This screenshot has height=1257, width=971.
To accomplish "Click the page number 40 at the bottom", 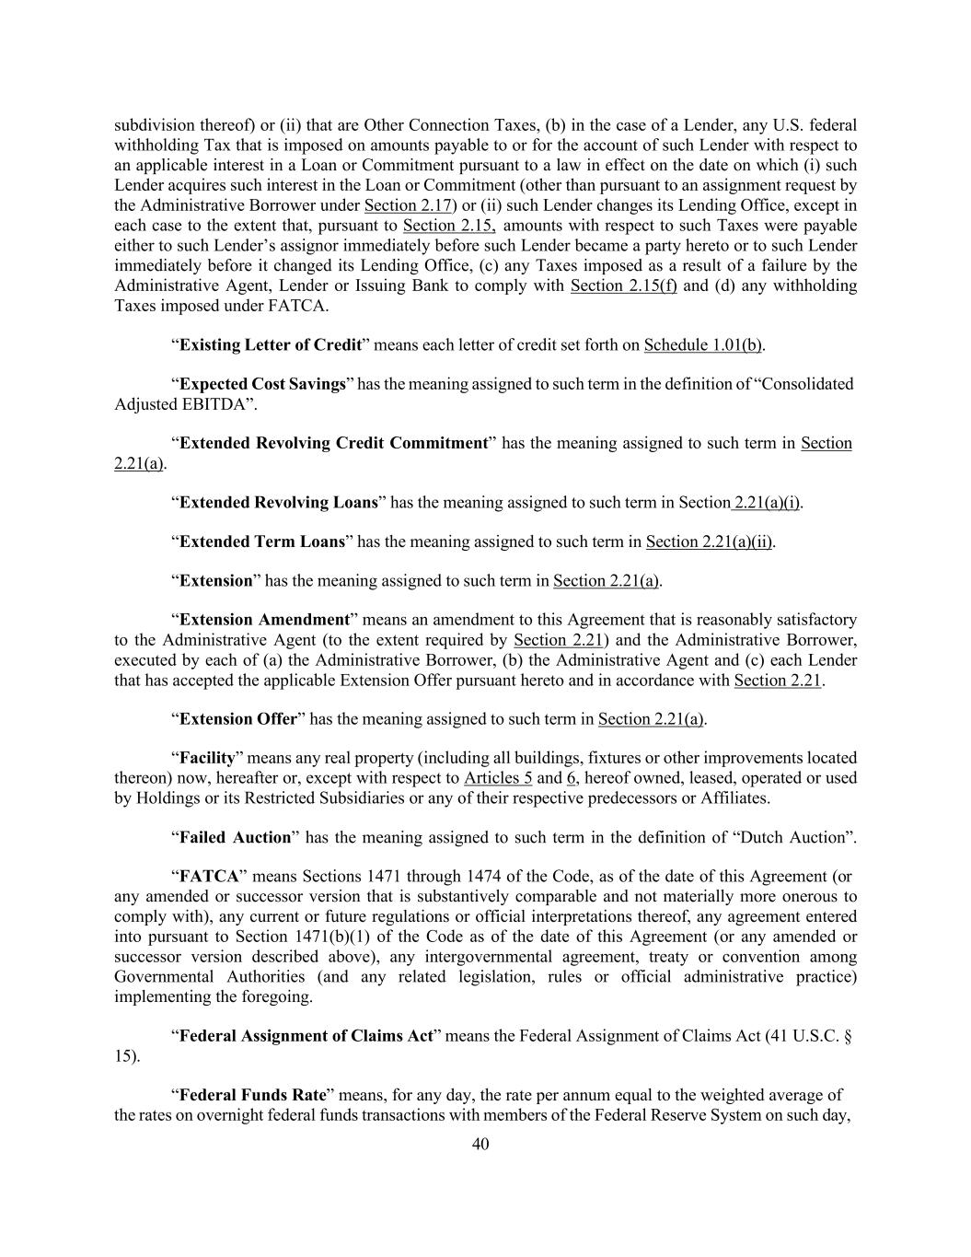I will click(480, 1145).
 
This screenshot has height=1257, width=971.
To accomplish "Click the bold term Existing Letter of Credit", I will click(271, 344).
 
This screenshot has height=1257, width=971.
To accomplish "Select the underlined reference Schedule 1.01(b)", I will click(703, 344).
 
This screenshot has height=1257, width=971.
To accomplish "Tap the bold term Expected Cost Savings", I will click(262, 384).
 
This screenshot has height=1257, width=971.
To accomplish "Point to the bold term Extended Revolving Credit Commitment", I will click(333, 443).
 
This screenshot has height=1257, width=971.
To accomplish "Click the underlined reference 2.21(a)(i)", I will click(767, 503).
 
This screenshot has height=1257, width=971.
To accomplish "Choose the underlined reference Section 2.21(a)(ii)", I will click(709, 541).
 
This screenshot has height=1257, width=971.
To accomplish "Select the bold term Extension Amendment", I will click(264, 620).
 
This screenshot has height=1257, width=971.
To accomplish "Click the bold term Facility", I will click(207, 758).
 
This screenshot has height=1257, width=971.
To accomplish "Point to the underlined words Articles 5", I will click(498, 778).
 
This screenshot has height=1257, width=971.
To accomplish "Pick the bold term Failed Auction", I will click(235, 837).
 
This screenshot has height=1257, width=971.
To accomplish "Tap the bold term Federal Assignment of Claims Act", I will click(306, 1036).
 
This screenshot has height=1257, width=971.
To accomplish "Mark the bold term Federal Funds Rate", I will click(253, 1095).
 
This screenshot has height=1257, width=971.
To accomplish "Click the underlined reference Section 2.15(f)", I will click(623, 285).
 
